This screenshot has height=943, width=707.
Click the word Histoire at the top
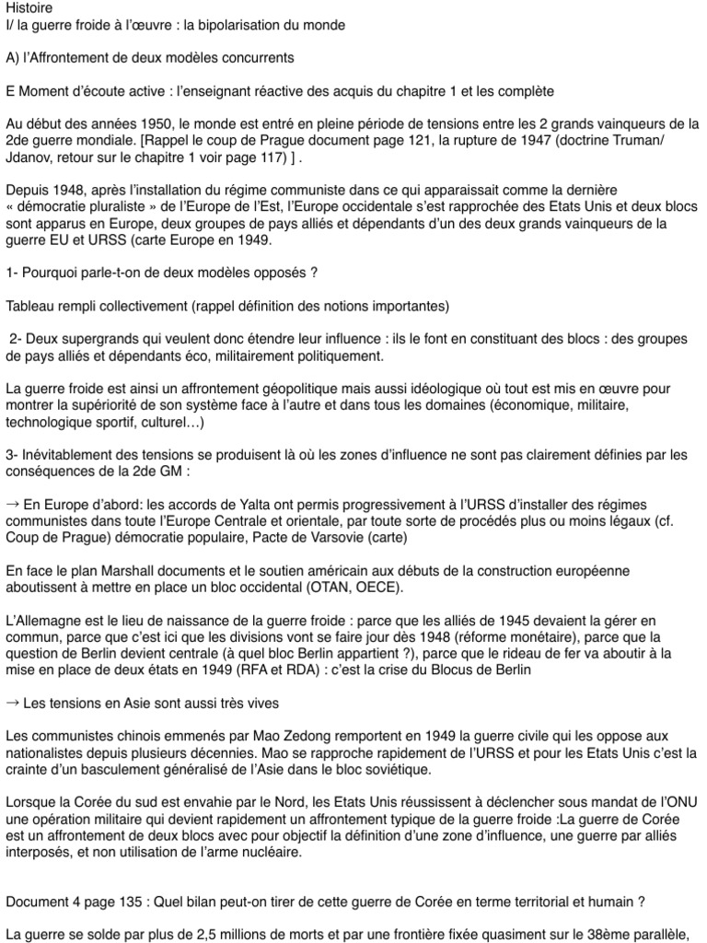pos(27,7)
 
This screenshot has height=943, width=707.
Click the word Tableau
pos(30,305)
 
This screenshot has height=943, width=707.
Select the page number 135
pos(121,902)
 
